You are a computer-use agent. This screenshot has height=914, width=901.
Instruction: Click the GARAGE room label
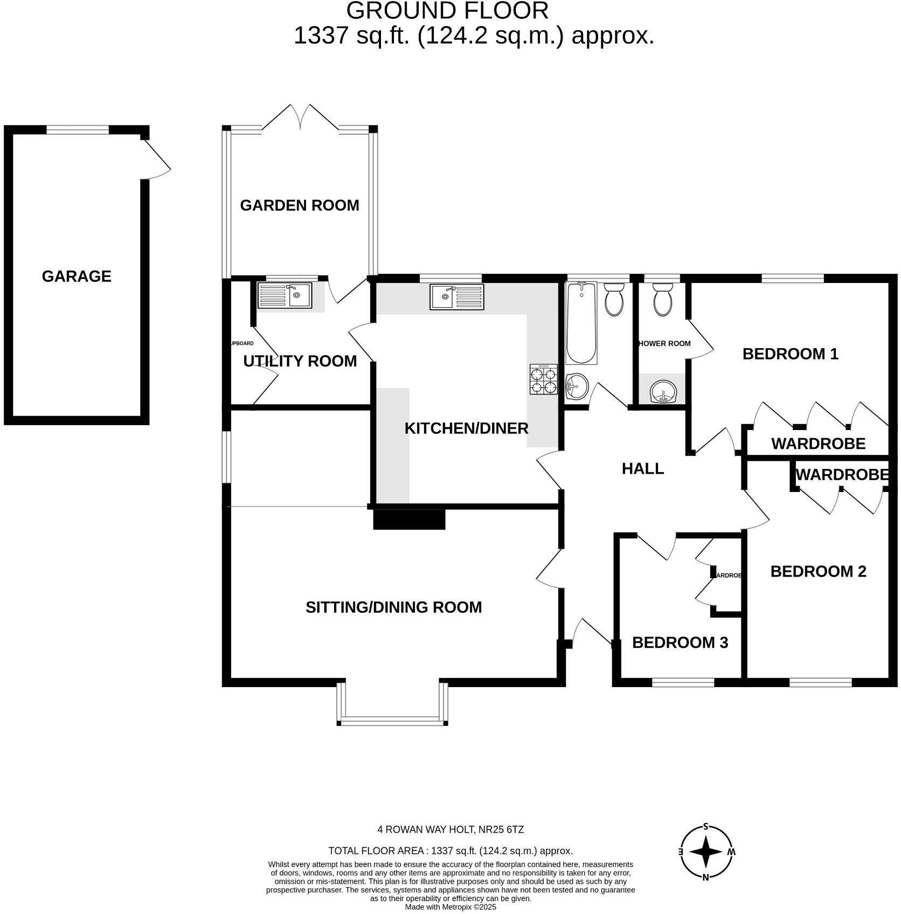pyautogui.click(x=77, y=276)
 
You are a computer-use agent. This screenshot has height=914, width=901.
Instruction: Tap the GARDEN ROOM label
pyautogui.click(x=299, y=205)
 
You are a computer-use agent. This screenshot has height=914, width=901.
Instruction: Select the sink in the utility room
pyautogui.click(x=285, y=295)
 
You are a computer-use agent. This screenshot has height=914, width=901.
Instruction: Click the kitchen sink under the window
pyautogui.click(x=456, y=297)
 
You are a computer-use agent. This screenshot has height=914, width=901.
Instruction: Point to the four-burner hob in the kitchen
pyautogui.click(x=543, y=379)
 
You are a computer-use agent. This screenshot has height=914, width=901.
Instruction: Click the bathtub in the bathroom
pyautogui.click(x=581, y=323)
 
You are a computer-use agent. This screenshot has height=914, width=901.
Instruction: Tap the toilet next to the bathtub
pyautogui.click(x=614, y=300)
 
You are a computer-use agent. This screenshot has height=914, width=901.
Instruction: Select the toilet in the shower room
pyautogui.click(x=662, y=300)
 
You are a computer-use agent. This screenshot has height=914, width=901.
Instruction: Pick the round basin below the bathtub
pyautogui.click(x=577, y=386)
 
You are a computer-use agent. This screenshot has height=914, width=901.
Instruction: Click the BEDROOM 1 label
pyautogui.click(x=790, y=354)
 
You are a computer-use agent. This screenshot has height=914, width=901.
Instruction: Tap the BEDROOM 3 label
pyautogui.click(x=680, y=642)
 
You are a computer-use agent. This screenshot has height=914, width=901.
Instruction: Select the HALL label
pyautogui.click(x=642, y=469)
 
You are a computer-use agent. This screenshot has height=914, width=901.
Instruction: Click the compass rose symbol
pyautogui.click(x=705, y=852)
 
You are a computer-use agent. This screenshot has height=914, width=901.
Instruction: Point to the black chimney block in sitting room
pyautogui.click(x=409, y=519)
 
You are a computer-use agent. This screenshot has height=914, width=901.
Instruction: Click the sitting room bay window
pyautogui.click(x=392, y=721)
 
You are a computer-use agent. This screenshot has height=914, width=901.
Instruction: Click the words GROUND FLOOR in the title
pyautogui.click(x=447, y=11)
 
